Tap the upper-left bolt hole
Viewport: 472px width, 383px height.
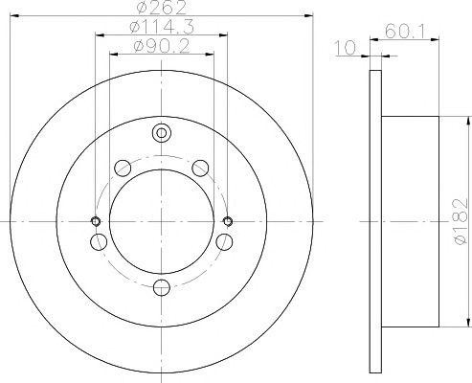(122, 169)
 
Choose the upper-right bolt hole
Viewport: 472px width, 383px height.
(200, 169)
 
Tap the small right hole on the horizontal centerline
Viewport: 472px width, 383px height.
(228, 221)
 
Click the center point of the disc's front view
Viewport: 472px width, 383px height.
(161, 221)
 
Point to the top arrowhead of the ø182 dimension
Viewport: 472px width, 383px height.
(457, 120)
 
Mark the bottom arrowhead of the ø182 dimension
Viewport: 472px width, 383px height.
(457, 323)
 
